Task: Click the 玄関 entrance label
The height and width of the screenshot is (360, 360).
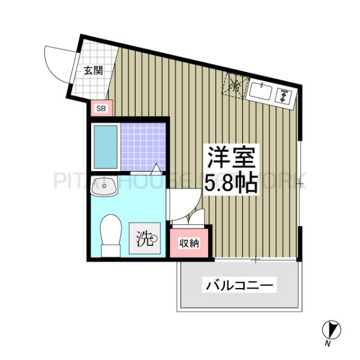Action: pyautogui.click(x=92, y=70)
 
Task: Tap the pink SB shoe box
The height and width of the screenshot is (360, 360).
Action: pyautogui.click(x=101, y=109)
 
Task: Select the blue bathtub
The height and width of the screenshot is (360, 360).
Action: pyautogui.click(x=105, y=148)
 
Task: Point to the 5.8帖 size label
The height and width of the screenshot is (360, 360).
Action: pyautogui.click(x=232, y=182)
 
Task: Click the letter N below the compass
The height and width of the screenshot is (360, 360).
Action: pyautogui.click(x=328, y=344)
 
